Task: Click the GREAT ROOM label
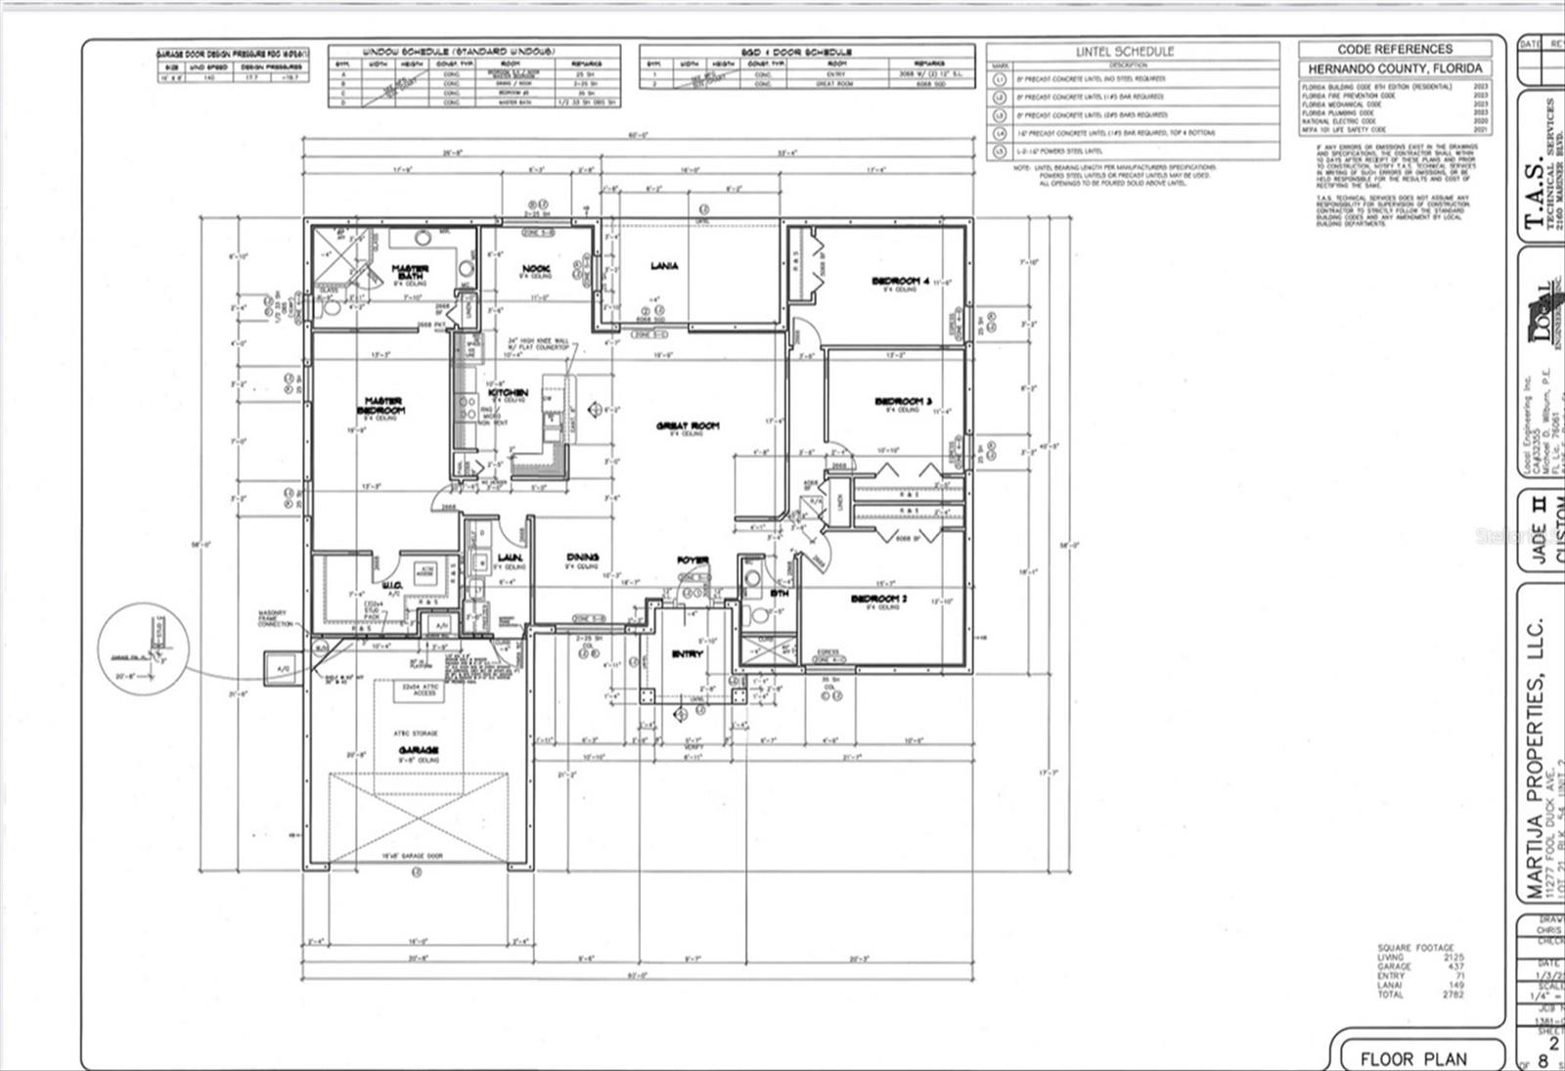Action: [x=688, y=425]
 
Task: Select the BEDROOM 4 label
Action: [x=901, y=282]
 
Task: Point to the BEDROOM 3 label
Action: [x=903, y=401]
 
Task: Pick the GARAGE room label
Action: [x=418, y=750]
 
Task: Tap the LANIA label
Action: [x=664, y=266]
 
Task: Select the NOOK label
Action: [x=536, y=269]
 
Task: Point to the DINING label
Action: [x=582, y=558]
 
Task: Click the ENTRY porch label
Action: [x=687, y=654]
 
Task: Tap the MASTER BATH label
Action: [x=411, y=272]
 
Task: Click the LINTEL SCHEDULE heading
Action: [x=1125, y=51]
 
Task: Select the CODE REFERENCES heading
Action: [x=1395, y=49]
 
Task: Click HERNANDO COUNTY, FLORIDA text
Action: [x=1395, y=68]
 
